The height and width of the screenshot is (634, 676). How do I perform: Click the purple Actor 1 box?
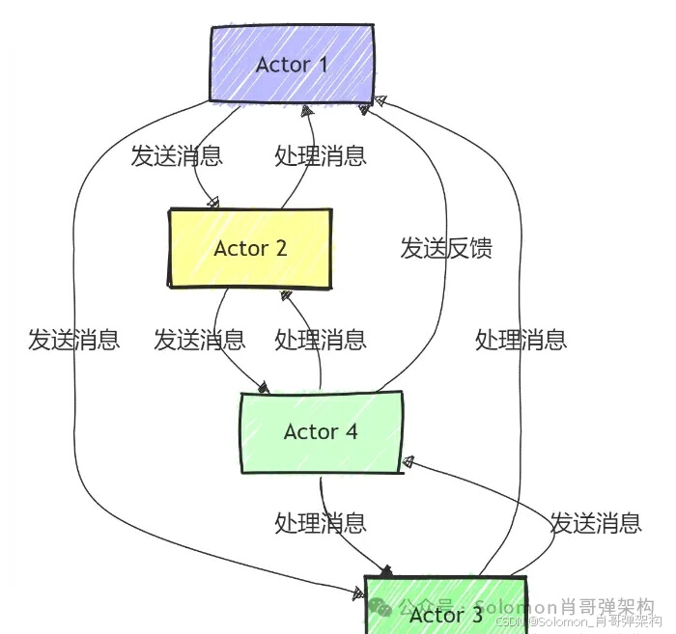[292, 64]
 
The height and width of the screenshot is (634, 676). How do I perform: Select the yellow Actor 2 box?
[250, 247]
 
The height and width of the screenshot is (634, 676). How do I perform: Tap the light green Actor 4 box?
[320, 431]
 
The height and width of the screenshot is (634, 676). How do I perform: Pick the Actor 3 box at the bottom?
[445, 608]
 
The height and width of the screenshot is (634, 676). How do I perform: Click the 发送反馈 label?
[446, 248]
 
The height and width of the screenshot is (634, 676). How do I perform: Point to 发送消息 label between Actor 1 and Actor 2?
[177, 155]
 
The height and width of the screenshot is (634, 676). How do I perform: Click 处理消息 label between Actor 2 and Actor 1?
[321, 155]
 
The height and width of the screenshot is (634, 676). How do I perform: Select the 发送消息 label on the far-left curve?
[73, 340]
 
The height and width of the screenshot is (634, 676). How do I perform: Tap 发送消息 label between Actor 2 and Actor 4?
[200, 340]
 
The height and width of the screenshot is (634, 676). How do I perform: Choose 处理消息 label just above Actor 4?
[321, 340]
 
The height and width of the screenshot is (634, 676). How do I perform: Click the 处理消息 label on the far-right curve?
[521, 340]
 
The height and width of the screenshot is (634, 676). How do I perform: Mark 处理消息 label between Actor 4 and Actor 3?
[321, 523]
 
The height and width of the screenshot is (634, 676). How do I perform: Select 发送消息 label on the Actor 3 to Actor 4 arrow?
[596, 523]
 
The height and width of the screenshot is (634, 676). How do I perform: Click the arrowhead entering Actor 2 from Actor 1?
[213, 203]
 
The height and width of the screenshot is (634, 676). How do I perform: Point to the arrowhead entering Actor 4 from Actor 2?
[263, 387]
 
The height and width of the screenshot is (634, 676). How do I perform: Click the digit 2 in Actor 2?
[281, 248]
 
